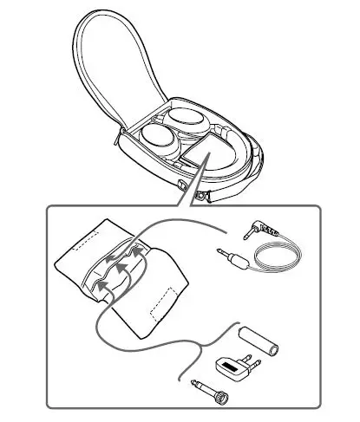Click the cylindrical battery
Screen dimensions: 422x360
coord(256,340)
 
